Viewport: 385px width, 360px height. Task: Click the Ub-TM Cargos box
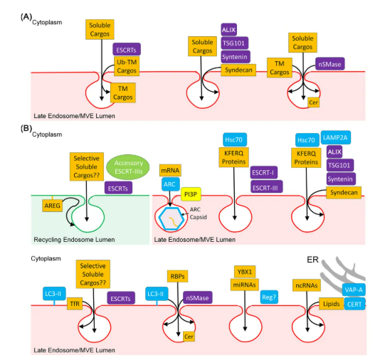[127, 66]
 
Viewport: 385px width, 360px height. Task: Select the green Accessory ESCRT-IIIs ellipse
[128, 167]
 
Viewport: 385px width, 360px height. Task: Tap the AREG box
[52, 206]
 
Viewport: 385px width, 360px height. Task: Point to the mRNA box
[170, 170]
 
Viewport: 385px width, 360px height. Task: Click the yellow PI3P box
[191, 194]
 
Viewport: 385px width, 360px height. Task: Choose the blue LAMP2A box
[336, 137]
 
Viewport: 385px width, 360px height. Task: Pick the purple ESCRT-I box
[264, 172]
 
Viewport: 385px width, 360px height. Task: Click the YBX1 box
[245, 272]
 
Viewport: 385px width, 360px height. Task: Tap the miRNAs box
[245, 285]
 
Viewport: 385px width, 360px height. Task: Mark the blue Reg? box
[269, 297]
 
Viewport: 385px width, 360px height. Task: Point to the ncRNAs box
[307, 285]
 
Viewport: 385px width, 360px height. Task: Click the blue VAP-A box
[354, 290]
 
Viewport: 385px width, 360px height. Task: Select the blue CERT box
[354, 304]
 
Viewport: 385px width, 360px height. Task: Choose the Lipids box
[331, 304]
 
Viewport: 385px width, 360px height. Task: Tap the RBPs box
[177, 276]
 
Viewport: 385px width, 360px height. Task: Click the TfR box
[75, 304]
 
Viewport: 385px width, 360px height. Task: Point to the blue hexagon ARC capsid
[172, 218]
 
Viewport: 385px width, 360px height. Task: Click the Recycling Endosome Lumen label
[74, 240]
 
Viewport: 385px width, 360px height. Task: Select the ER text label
[312, 260]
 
